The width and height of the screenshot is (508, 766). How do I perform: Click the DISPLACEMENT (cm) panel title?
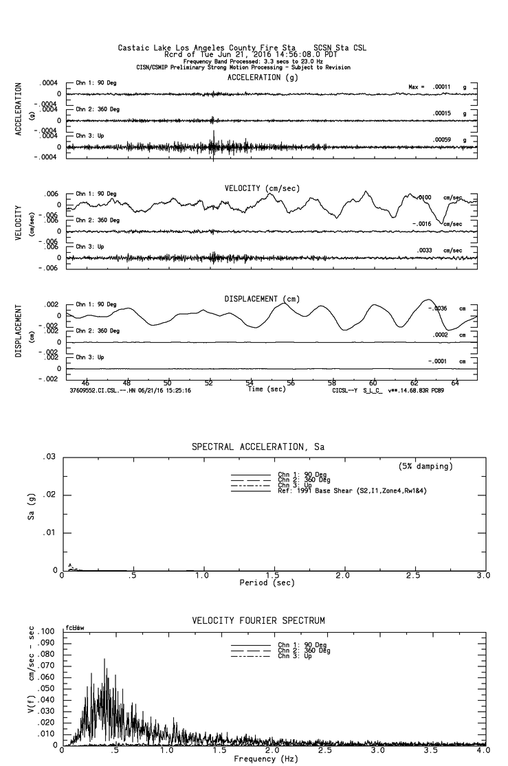coord(262,299)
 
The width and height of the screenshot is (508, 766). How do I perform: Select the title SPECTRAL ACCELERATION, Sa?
coord(258,447)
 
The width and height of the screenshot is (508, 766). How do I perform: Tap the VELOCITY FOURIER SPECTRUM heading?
coord(258,621)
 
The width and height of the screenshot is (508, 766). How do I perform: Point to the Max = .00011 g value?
coord(441,87)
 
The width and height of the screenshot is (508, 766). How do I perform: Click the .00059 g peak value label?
coord(450,139)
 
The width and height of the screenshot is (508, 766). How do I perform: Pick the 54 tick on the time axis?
coord(250,384)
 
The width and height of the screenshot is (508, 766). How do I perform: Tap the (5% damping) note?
coord(426,466)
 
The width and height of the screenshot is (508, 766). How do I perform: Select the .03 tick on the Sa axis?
coord(49,457)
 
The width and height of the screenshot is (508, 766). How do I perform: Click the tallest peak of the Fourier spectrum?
coord(104,660)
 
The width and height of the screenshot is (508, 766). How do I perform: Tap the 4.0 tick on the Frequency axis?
coord(485,752)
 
